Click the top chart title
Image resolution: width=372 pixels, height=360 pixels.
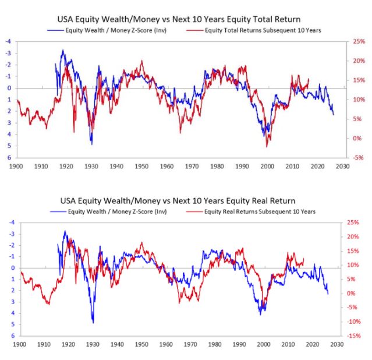pyautogui.click(x=186, y=20)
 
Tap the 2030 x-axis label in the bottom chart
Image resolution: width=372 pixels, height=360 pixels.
pyautogui.click(x=336, y=345)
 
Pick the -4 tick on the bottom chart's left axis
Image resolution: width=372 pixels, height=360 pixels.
pyautogui.click(x=8, y=223)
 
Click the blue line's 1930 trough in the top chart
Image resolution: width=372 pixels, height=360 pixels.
pyautogui.click(x=91, y=143)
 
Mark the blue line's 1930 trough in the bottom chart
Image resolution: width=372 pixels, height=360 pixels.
pyautogui.click(x=93, y=322)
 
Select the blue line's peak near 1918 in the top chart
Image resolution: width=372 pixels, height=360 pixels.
pyautogui.click(x=62, y=51)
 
